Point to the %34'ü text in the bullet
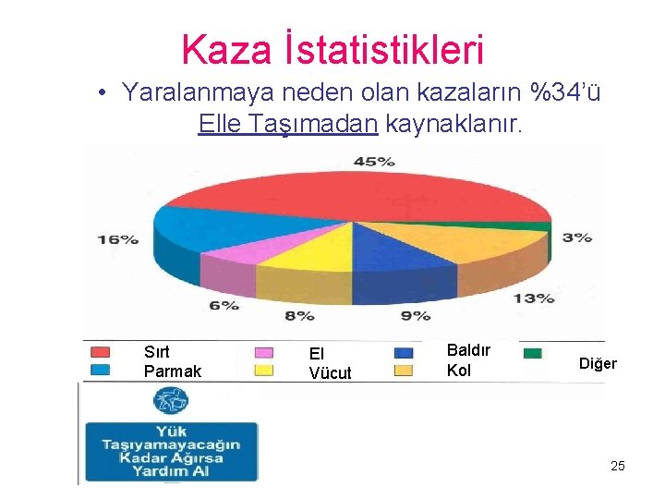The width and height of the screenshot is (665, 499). tap(562, 92)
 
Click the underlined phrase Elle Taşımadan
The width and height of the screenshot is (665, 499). tap(288, 124)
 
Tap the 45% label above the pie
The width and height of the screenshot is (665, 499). tap(374, 162)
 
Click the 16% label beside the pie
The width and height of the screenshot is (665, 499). tap(118, 239)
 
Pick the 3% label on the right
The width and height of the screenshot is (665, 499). tap(577, 237)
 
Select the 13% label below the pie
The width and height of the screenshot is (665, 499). tap(534, 298)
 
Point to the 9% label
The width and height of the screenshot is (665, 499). tap(416, 315)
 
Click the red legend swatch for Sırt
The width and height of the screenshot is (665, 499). tap(100, 352)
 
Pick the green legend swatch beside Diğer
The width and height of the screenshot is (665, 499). tap(532, 353)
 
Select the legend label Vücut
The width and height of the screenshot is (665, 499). tap(330, 373)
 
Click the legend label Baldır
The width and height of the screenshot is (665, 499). tap(468, 350)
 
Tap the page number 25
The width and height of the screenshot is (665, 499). tap(617, 466)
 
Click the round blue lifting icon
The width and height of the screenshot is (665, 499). tap(171, 401)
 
